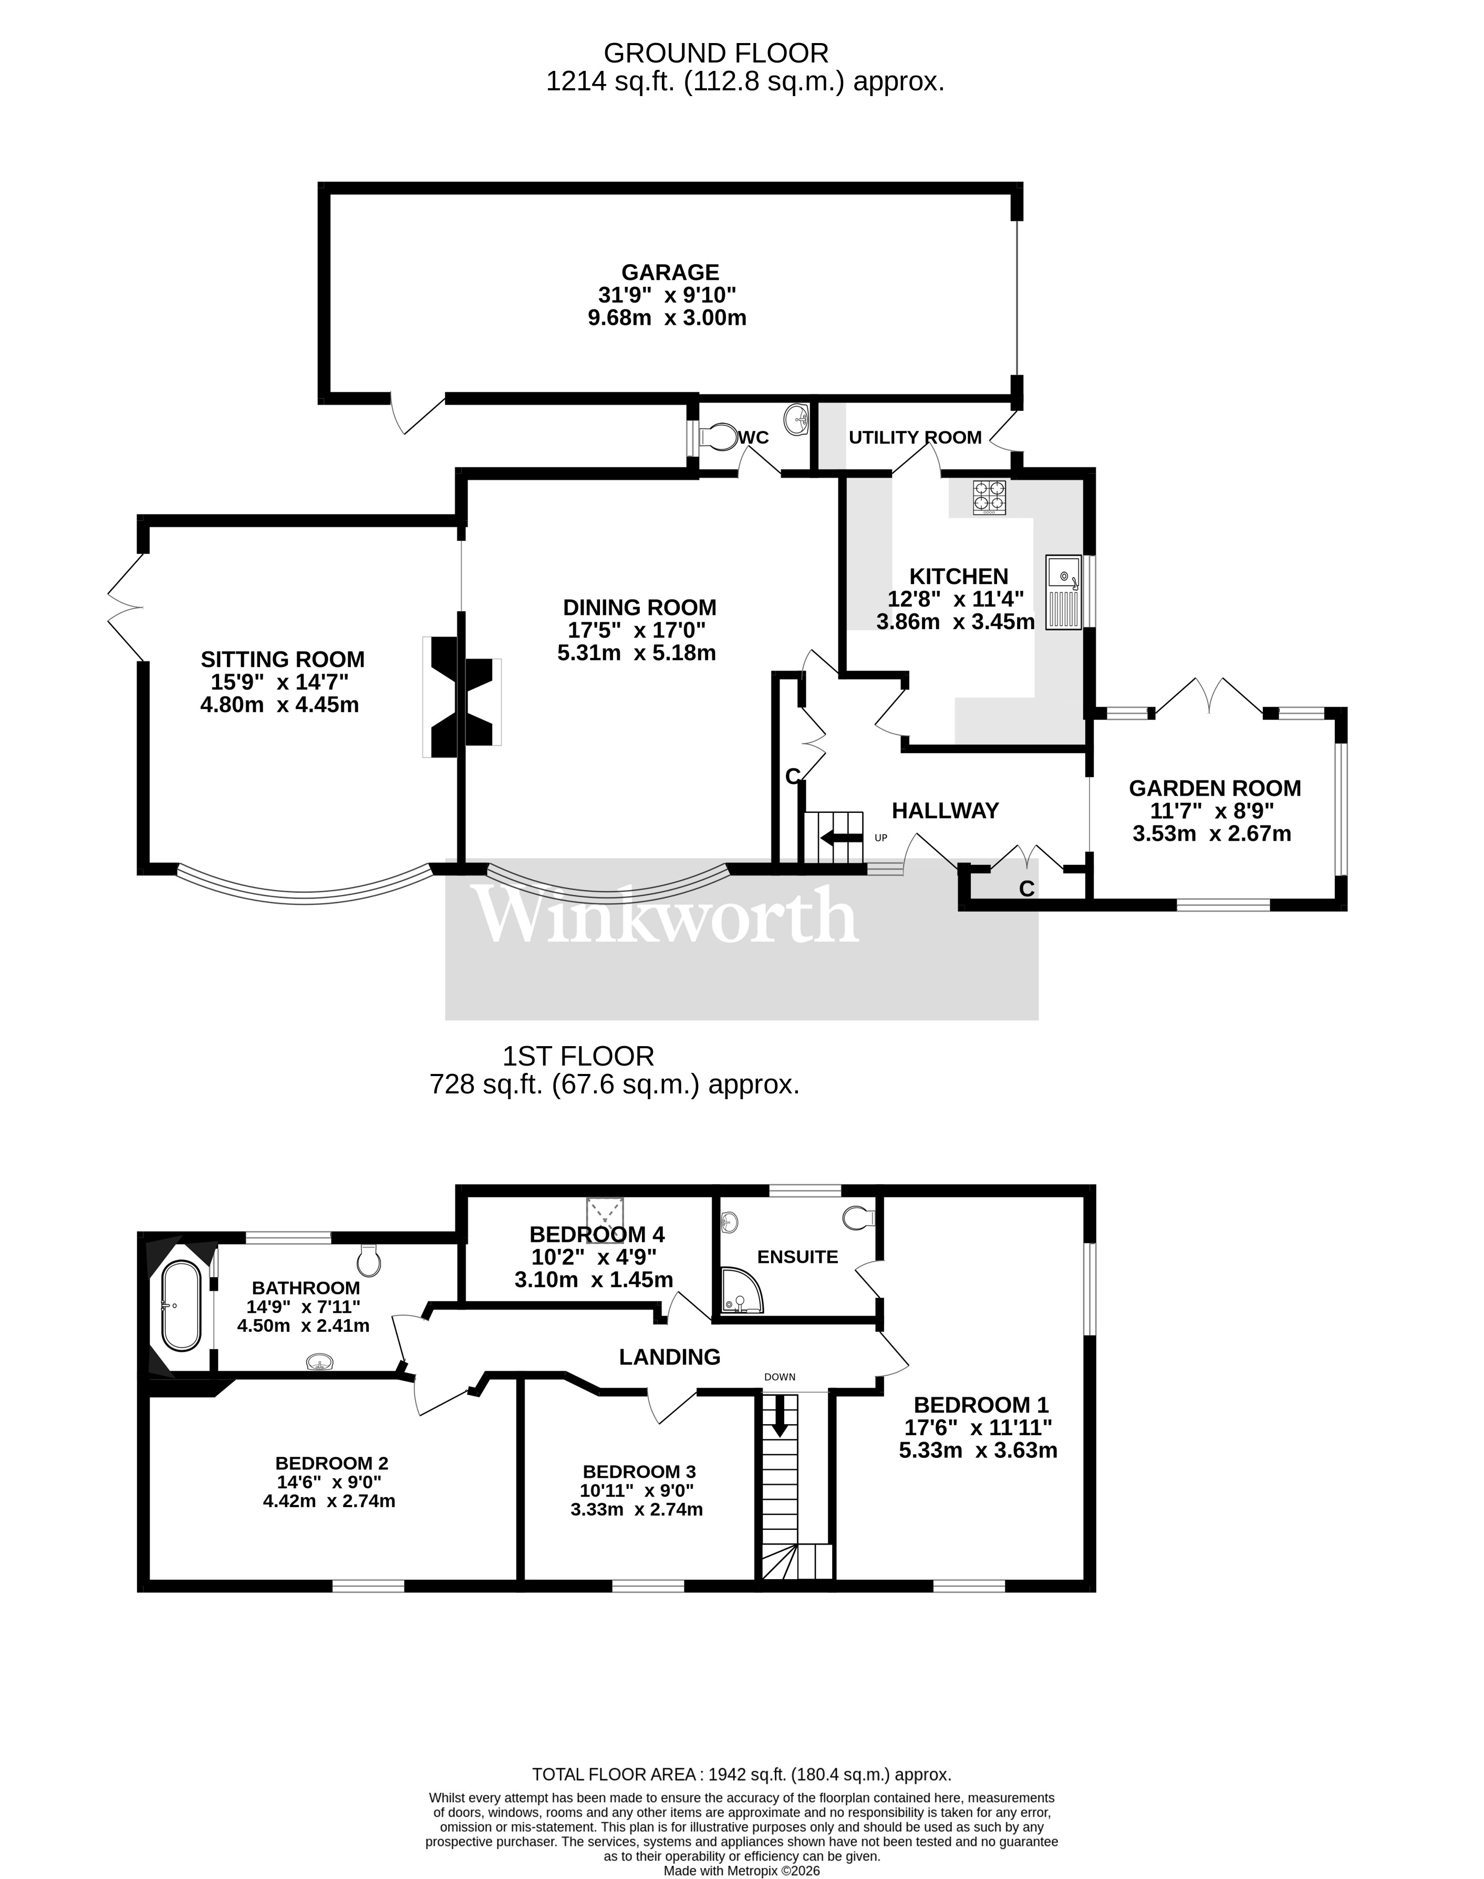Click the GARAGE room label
tap(670, 273)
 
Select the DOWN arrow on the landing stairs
tap(780, 1415)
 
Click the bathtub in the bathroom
tap(182, 1306)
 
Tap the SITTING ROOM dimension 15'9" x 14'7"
tap(280, 682)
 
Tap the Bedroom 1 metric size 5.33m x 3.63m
tap(978, 1450)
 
